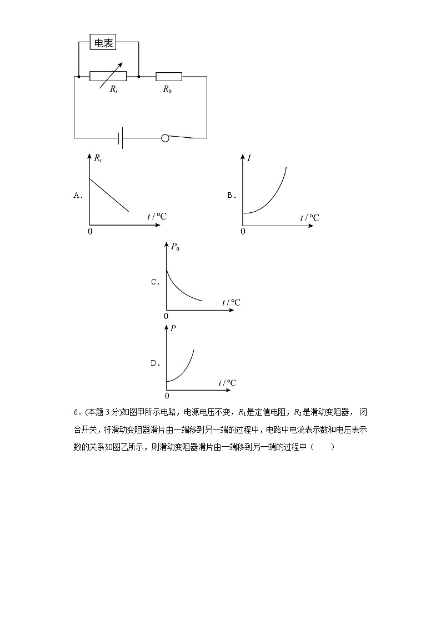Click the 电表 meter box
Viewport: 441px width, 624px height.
[x=103, y=43]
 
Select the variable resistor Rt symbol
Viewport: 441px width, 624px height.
[x=108, y=76]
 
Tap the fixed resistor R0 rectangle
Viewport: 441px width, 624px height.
[x=169, y=76]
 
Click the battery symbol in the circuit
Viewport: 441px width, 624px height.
[x=121, y=138]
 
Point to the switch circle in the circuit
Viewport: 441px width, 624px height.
[x=165, y=138]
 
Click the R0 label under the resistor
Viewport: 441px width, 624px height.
[x=167, y=89]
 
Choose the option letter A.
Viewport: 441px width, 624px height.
[x=78, y=195]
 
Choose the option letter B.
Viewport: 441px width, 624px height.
[x=232, y=195]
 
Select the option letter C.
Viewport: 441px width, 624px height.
[x=155, y=282]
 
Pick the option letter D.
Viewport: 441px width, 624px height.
[x=155, y=363]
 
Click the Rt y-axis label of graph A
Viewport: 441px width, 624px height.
[x=98, y=159]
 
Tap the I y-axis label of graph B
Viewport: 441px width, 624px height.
[x=249, y=159]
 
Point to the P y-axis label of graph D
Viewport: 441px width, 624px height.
[x=173, y=328]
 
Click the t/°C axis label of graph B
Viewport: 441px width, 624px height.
[x=310, y=218]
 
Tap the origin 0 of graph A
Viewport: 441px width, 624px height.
[x=90, y=231]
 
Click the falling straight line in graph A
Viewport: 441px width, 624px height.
[x=109, y=194]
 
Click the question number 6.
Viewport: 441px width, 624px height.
[x=76, y=412]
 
